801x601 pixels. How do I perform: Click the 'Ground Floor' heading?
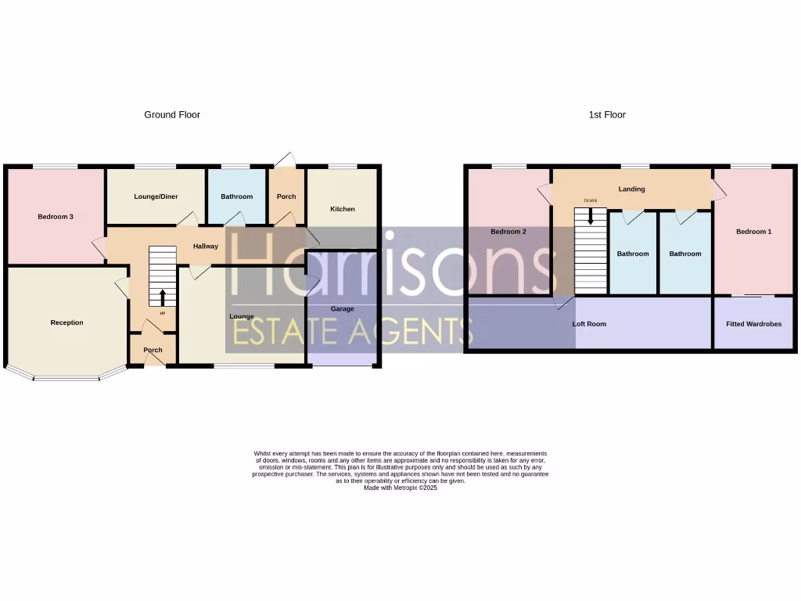click(x=172, y=115)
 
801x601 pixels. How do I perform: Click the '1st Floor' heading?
click(x=607, y=115)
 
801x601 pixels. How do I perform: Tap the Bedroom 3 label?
click(x=56, y=217)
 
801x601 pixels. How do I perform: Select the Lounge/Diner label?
click(x=156, y=196)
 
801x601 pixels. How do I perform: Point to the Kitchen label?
click(x=343, y=209)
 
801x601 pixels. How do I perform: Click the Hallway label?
click(x=206, y=247)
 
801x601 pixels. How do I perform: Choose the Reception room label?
click(x=66, y=322)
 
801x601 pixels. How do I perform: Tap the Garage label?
click(x=343, y=309)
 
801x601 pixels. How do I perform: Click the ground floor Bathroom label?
click(x=236, y=196)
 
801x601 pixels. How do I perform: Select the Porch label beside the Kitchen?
click(x=286, y=196)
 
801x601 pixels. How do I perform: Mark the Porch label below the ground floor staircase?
click(x=153, y=350)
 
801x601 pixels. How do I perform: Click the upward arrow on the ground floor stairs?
click(x=163, y=297)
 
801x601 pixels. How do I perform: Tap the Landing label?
click(x=631, y=189)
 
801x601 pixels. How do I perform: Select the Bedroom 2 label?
click(x=508, y=232)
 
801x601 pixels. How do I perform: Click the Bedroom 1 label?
click(x=754, y=232)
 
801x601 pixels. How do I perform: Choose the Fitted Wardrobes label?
click(x=753, y=323)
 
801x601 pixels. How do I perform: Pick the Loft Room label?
click(x=590, y=323)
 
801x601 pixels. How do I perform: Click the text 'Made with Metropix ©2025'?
click(x=400, y=488)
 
